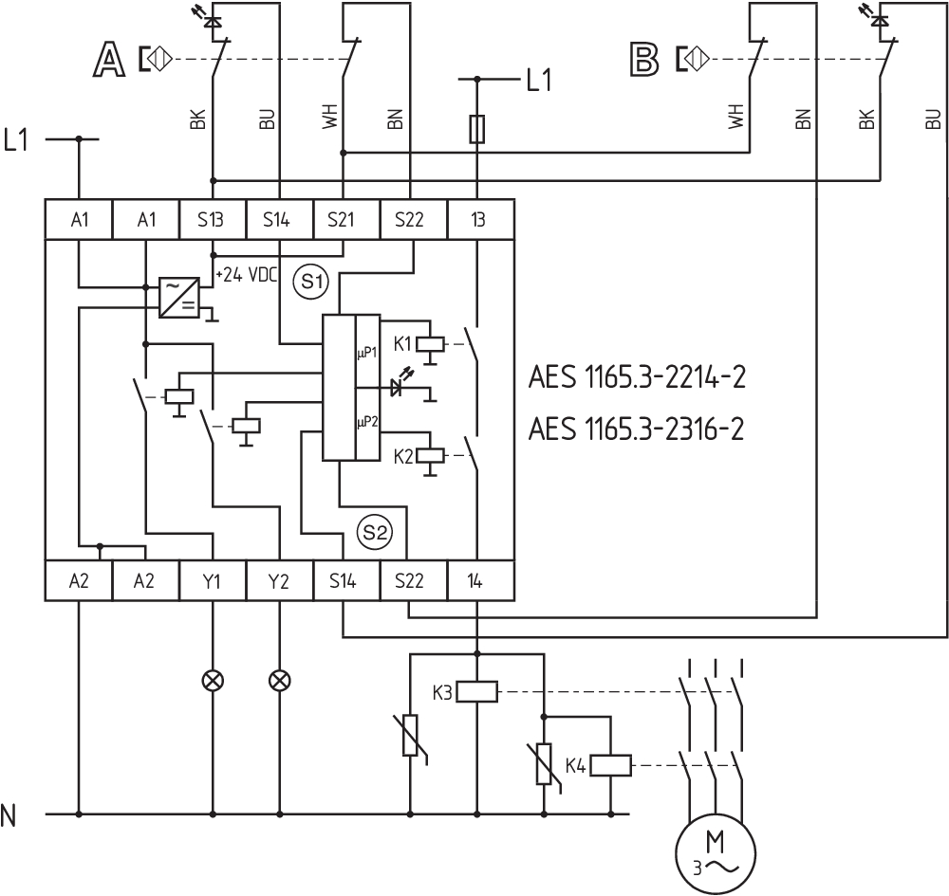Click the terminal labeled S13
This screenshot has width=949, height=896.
tap(213, 220)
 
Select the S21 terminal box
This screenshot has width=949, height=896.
tap(346, 220)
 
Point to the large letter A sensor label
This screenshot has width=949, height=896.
tap(108, 60)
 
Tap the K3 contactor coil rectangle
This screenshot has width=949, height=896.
tap(476, 692)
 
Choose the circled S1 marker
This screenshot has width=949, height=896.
tap(309, 282)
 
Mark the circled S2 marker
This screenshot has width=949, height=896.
tap(373, 532)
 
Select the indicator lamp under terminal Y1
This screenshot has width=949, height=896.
tap(213, 680)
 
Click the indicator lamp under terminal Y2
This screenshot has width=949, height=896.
tap(279, 680)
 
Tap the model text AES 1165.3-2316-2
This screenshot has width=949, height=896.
tap(636, 430)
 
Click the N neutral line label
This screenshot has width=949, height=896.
tap(9, 814)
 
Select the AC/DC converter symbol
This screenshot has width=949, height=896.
tap(178, 297)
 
